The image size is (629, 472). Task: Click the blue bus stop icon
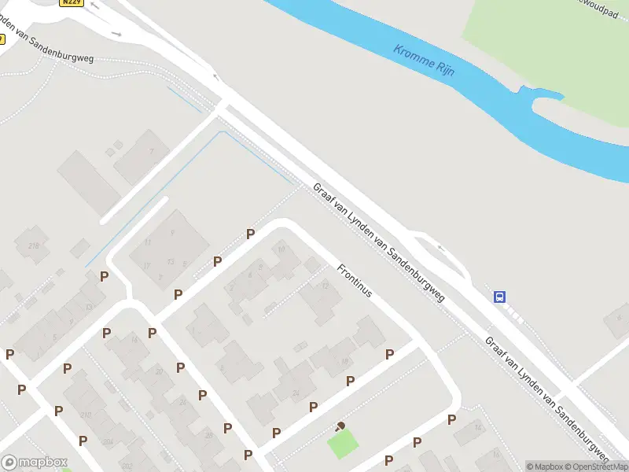(x=500, y=297)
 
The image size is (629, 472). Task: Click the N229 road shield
(x=71, y=2)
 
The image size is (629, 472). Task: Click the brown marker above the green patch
(x=340, y=426)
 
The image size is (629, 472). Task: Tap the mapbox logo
(x=35, y=462)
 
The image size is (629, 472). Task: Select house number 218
(x=34, y=246)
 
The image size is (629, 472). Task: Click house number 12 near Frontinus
(x=325, y=285)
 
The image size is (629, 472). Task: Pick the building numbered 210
(x=85, y=415)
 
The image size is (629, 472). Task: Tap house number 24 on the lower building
(x=296, y=393)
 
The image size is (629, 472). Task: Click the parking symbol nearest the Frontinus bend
(x=250, y=234)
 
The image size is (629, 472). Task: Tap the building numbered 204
(x=107, y=443)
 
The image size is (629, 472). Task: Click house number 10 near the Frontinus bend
(x=281, y=250)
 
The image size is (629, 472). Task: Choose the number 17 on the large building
(x=146, y=265)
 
